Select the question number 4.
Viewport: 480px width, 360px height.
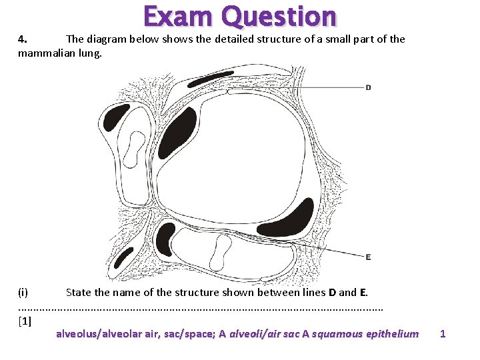tap(22, 39)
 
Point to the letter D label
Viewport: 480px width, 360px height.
tap(368, 87)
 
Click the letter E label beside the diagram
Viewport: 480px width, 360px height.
tap(368, 257)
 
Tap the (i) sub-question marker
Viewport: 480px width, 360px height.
tap(23, 292)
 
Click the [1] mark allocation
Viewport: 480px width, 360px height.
tap(25, 321)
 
